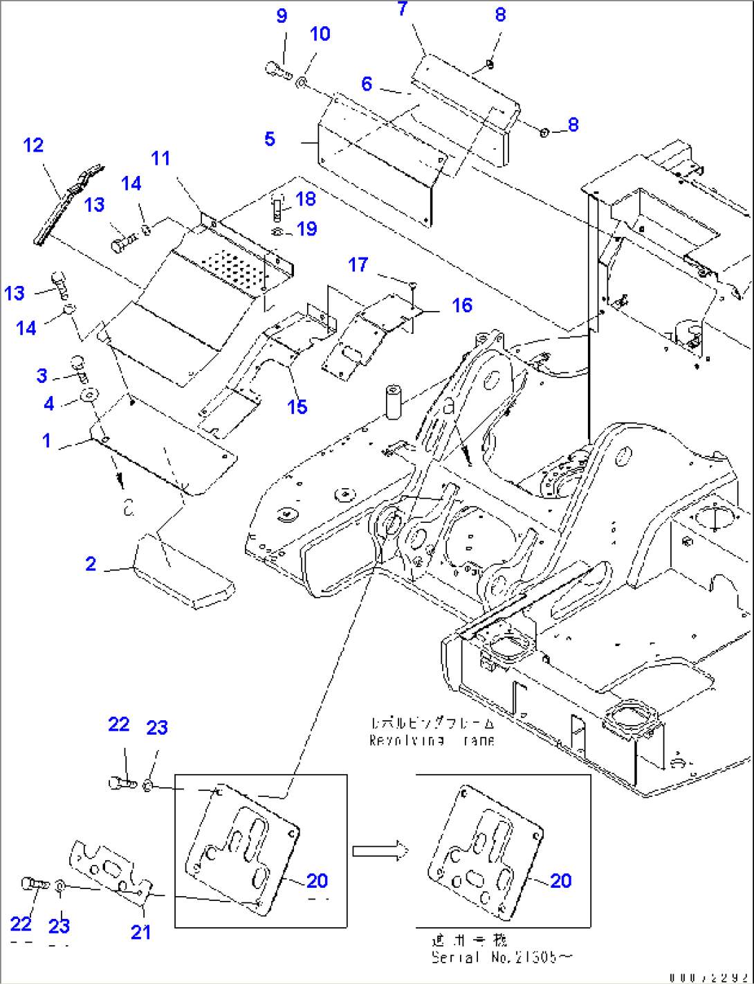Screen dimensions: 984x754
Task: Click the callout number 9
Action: coord(282,16)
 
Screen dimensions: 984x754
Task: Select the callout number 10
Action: coord(320,34)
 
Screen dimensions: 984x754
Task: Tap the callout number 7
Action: coord(403,9)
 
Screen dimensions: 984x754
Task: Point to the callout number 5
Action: coord(270,139)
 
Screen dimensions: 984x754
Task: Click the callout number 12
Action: coord(33,145)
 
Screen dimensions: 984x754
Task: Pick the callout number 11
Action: coord(160,159)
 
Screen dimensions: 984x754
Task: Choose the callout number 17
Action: coord(358,265)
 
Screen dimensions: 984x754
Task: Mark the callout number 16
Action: coord(462,305)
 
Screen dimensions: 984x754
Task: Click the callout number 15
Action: coord(297,406)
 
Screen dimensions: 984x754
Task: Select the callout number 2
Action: coord(91,564)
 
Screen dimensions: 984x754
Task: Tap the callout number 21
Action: coord(141,932)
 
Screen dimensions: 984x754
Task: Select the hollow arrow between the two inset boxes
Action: coord(377,851)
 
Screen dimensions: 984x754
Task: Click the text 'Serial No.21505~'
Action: coord(502,958)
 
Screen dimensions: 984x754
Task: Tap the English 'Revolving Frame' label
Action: coord(432,740)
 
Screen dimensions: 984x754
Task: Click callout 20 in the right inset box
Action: coord(560,881)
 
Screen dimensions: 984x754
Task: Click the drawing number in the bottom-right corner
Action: coord(708,977)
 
